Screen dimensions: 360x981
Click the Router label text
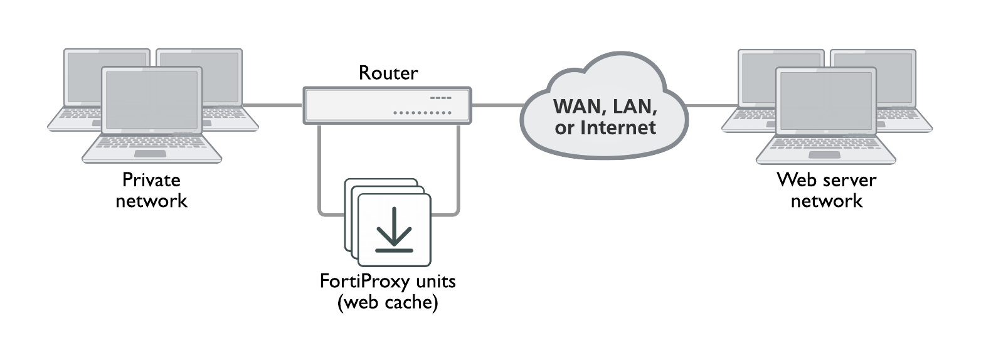[388, 73]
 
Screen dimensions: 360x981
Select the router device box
[387, 105]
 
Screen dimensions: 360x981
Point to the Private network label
[151, 190]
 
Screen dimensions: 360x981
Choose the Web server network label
[826, 190]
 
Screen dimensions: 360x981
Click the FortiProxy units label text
[387, 281]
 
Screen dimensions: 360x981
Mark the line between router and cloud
[497, 105]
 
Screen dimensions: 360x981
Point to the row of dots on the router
[422, 113]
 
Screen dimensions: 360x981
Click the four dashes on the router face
[440, 98]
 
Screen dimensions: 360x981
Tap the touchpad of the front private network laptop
[151, 154]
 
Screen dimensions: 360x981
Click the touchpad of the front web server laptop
[825, 154]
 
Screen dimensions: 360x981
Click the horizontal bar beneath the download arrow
[394, 250]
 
